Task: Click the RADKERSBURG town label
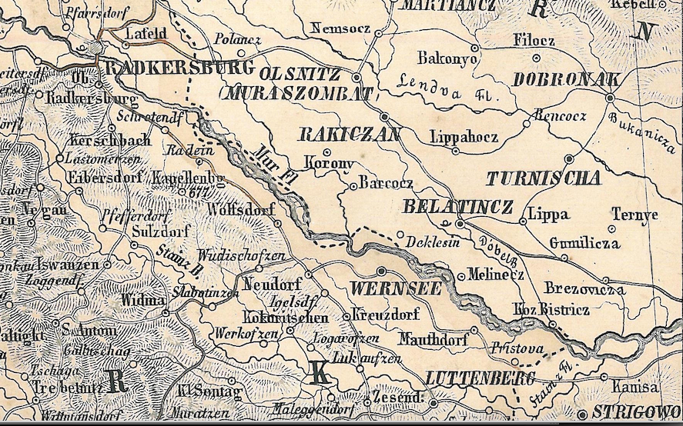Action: pyautogui.click(x=178, y=68)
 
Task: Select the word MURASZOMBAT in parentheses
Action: pyautogui.click(x=296, y=94)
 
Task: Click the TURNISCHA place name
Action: pyautogui.click(x=543, y=178)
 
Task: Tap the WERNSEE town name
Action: pyautogui.click(x=395, y=289)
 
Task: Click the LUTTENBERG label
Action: pyautogui.click(x=479, y=378)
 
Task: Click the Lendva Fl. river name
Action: pyautogui.click(x=445, y=86)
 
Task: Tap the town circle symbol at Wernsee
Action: pyautogui.click(x=381, y=271)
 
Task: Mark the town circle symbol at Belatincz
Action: pyautogui.click(x=459, y=224)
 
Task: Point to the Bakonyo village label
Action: pyautogui.click(x=448, y=58)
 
